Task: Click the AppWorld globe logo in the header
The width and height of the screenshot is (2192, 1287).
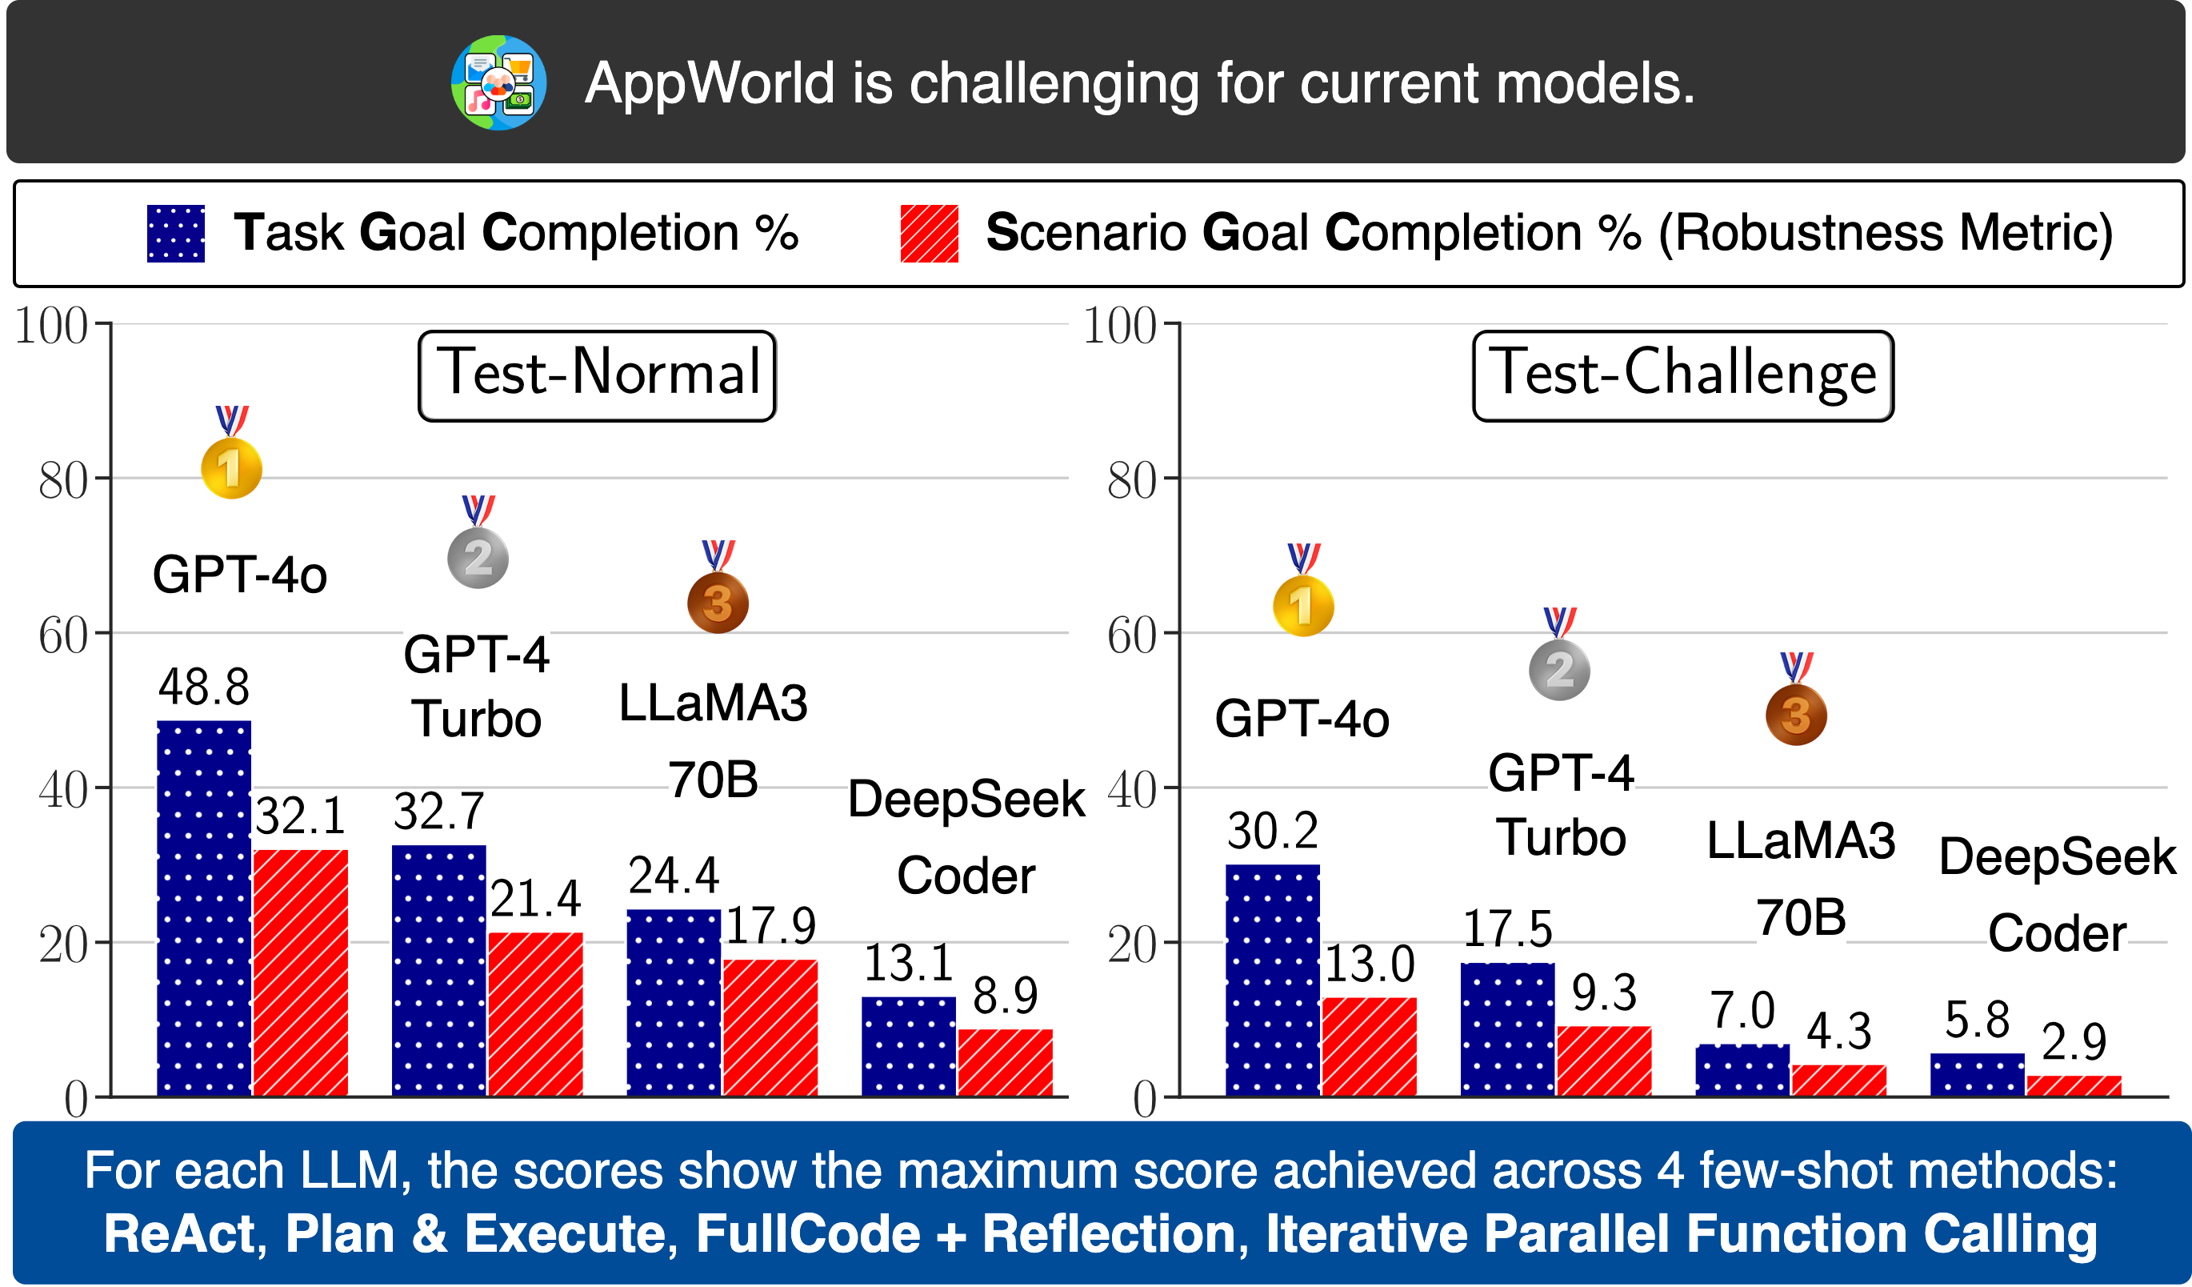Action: pos(498,82)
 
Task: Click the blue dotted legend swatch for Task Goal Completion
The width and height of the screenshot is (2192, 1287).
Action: pos(176,233)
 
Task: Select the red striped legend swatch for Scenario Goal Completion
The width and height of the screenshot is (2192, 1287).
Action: pos(929,233)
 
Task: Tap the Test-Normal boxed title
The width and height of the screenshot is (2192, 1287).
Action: pos(597,376)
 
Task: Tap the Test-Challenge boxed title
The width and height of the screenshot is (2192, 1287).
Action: pos(1682,376)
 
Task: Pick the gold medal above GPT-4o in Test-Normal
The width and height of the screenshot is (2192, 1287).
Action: pos(231,467)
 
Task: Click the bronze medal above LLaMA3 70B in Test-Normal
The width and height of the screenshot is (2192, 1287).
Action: pos(718,601)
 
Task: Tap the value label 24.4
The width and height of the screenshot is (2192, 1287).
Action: pos(674,876)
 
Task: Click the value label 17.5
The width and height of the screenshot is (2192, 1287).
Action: pos(1506,928)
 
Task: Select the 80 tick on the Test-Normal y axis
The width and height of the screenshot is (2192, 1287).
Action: pos(62,480)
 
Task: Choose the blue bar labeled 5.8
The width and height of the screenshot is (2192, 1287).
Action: pos(1976,1074)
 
